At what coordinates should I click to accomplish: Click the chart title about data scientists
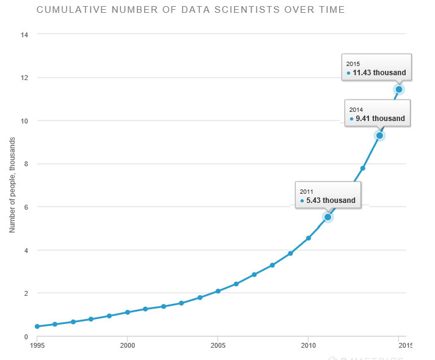click(191, 10)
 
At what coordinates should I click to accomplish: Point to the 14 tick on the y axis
click(25, 35)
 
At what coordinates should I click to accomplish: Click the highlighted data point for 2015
click(398, 89)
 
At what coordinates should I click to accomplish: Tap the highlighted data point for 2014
click(380, 136)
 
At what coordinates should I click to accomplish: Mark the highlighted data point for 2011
click(327, 217)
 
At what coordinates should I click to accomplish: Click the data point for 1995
click(37, 326)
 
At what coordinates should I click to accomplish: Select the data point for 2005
click(218, 291)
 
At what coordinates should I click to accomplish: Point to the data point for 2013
click(362, 168)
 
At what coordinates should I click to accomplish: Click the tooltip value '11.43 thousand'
click(379, 73)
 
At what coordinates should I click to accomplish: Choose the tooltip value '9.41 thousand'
click(380, 119)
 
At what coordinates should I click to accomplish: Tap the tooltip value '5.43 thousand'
click(330, 200)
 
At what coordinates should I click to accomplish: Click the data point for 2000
click(127, 312)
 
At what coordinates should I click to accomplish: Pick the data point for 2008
click(272, 265)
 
